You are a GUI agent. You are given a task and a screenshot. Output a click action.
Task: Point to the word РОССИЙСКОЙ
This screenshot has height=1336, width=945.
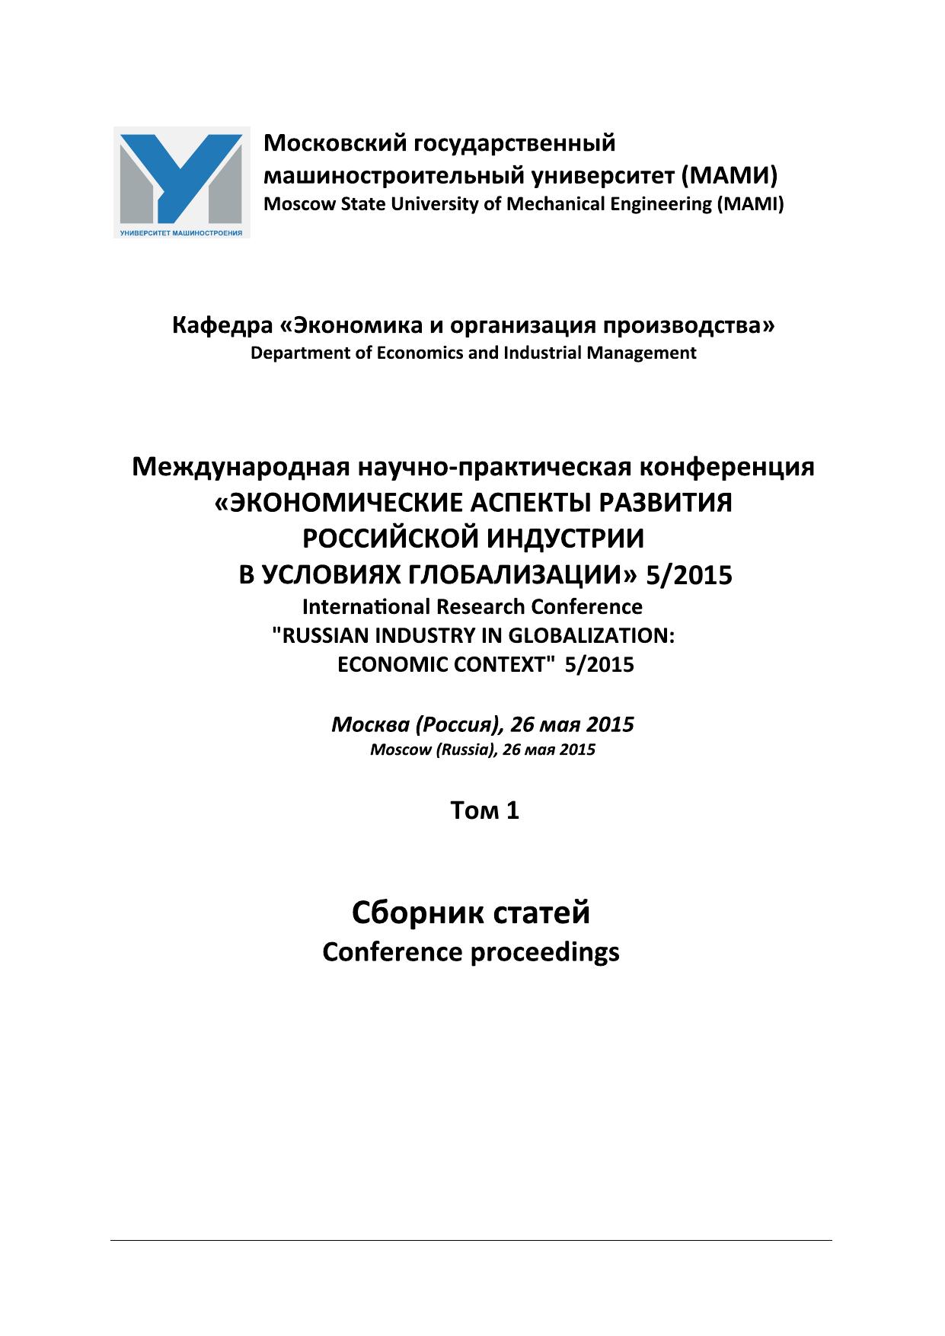click(389, 539)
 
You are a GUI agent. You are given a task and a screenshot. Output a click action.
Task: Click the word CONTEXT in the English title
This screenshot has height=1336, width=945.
click(493, 665)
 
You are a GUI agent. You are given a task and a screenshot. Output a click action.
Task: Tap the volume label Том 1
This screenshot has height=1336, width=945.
click(484, 811)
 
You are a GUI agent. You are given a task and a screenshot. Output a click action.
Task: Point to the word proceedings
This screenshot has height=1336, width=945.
click(545, 952)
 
